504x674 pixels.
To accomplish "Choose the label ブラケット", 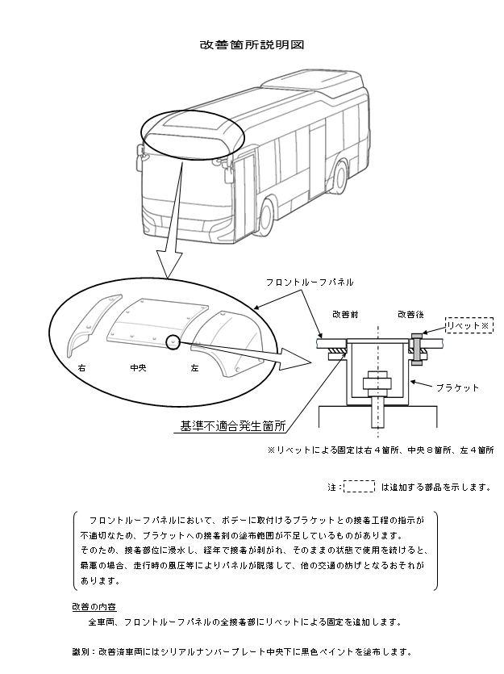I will click(456, 387).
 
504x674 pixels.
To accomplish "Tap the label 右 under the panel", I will click(81, 367).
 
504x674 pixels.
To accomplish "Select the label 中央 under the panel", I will click(139, 367).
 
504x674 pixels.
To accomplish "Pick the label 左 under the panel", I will click(194, 367).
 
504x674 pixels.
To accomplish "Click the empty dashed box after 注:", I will click(360, 487).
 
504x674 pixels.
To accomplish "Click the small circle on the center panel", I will click(173, 342).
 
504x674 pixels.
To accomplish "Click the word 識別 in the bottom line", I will click(81, 651).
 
